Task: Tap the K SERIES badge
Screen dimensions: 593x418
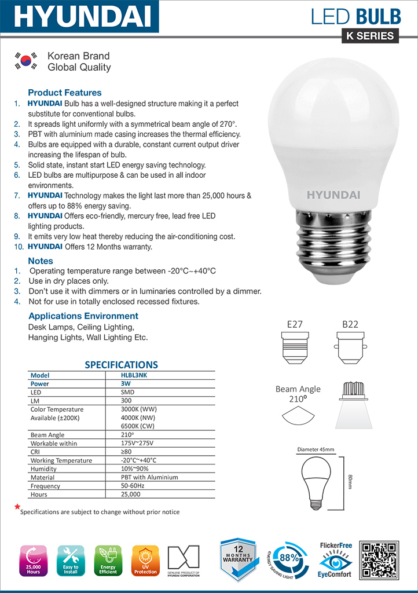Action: coord(370,36)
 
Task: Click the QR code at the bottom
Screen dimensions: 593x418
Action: coord(379,560)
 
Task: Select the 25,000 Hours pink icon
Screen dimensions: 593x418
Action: coord(33,560)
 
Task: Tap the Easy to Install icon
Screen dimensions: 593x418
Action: coord(71,560)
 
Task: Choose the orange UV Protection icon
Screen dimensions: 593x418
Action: coord(145,560)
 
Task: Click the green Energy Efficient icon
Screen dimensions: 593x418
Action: coord(108,560)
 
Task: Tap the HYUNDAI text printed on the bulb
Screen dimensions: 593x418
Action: coord(333,195)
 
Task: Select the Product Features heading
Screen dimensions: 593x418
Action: coord(64,93)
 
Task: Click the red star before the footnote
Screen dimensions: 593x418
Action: coord(17,507)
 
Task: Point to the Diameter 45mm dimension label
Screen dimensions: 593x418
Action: coord(316,449)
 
